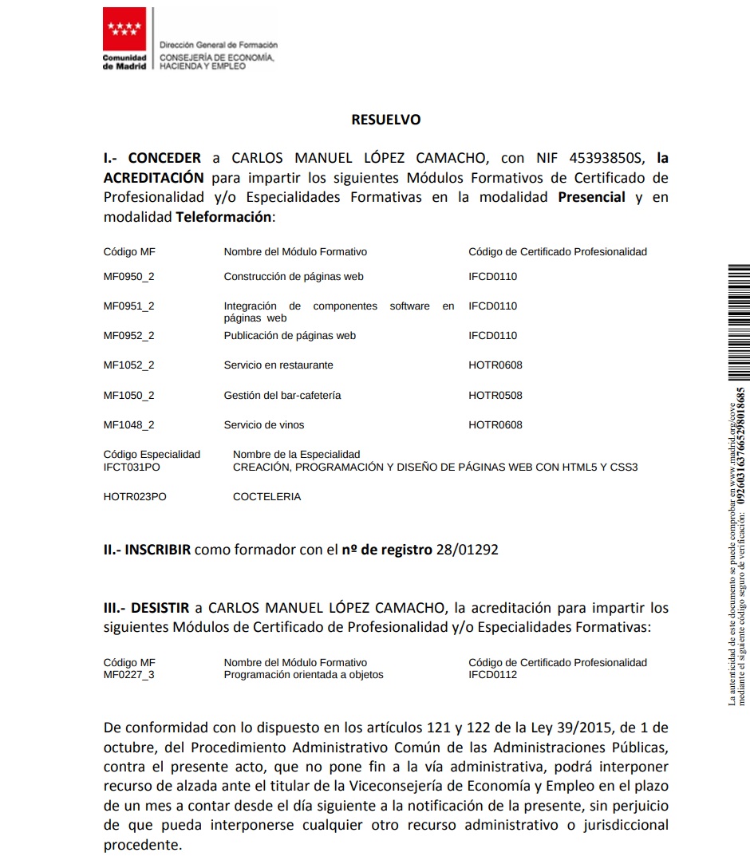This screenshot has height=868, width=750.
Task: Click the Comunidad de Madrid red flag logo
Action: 124,30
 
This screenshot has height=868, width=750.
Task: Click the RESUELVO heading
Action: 385,120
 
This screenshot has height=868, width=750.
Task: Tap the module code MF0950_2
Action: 129,277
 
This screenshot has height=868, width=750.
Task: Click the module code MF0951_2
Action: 129,306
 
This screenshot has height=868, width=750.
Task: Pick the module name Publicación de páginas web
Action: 290,336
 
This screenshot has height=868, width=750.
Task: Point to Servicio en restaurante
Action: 278,365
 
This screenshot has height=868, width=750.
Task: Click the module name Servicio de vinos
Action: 264,425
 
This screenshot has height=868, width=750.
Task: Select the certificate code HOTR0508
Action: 495,396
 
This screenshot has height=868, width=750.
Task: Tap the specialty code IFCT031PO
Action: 132,468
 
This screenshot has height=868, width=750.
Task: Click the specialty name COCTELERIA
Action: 266,497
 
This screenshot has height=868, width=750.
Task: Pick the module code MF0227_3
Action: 129,675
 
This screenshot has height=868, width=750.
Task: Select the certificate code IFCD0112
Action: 493,675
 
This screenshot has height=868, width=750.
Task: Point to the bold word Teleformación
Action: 223,216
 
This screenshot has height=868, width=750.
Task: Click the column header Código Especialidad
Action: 152,455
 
